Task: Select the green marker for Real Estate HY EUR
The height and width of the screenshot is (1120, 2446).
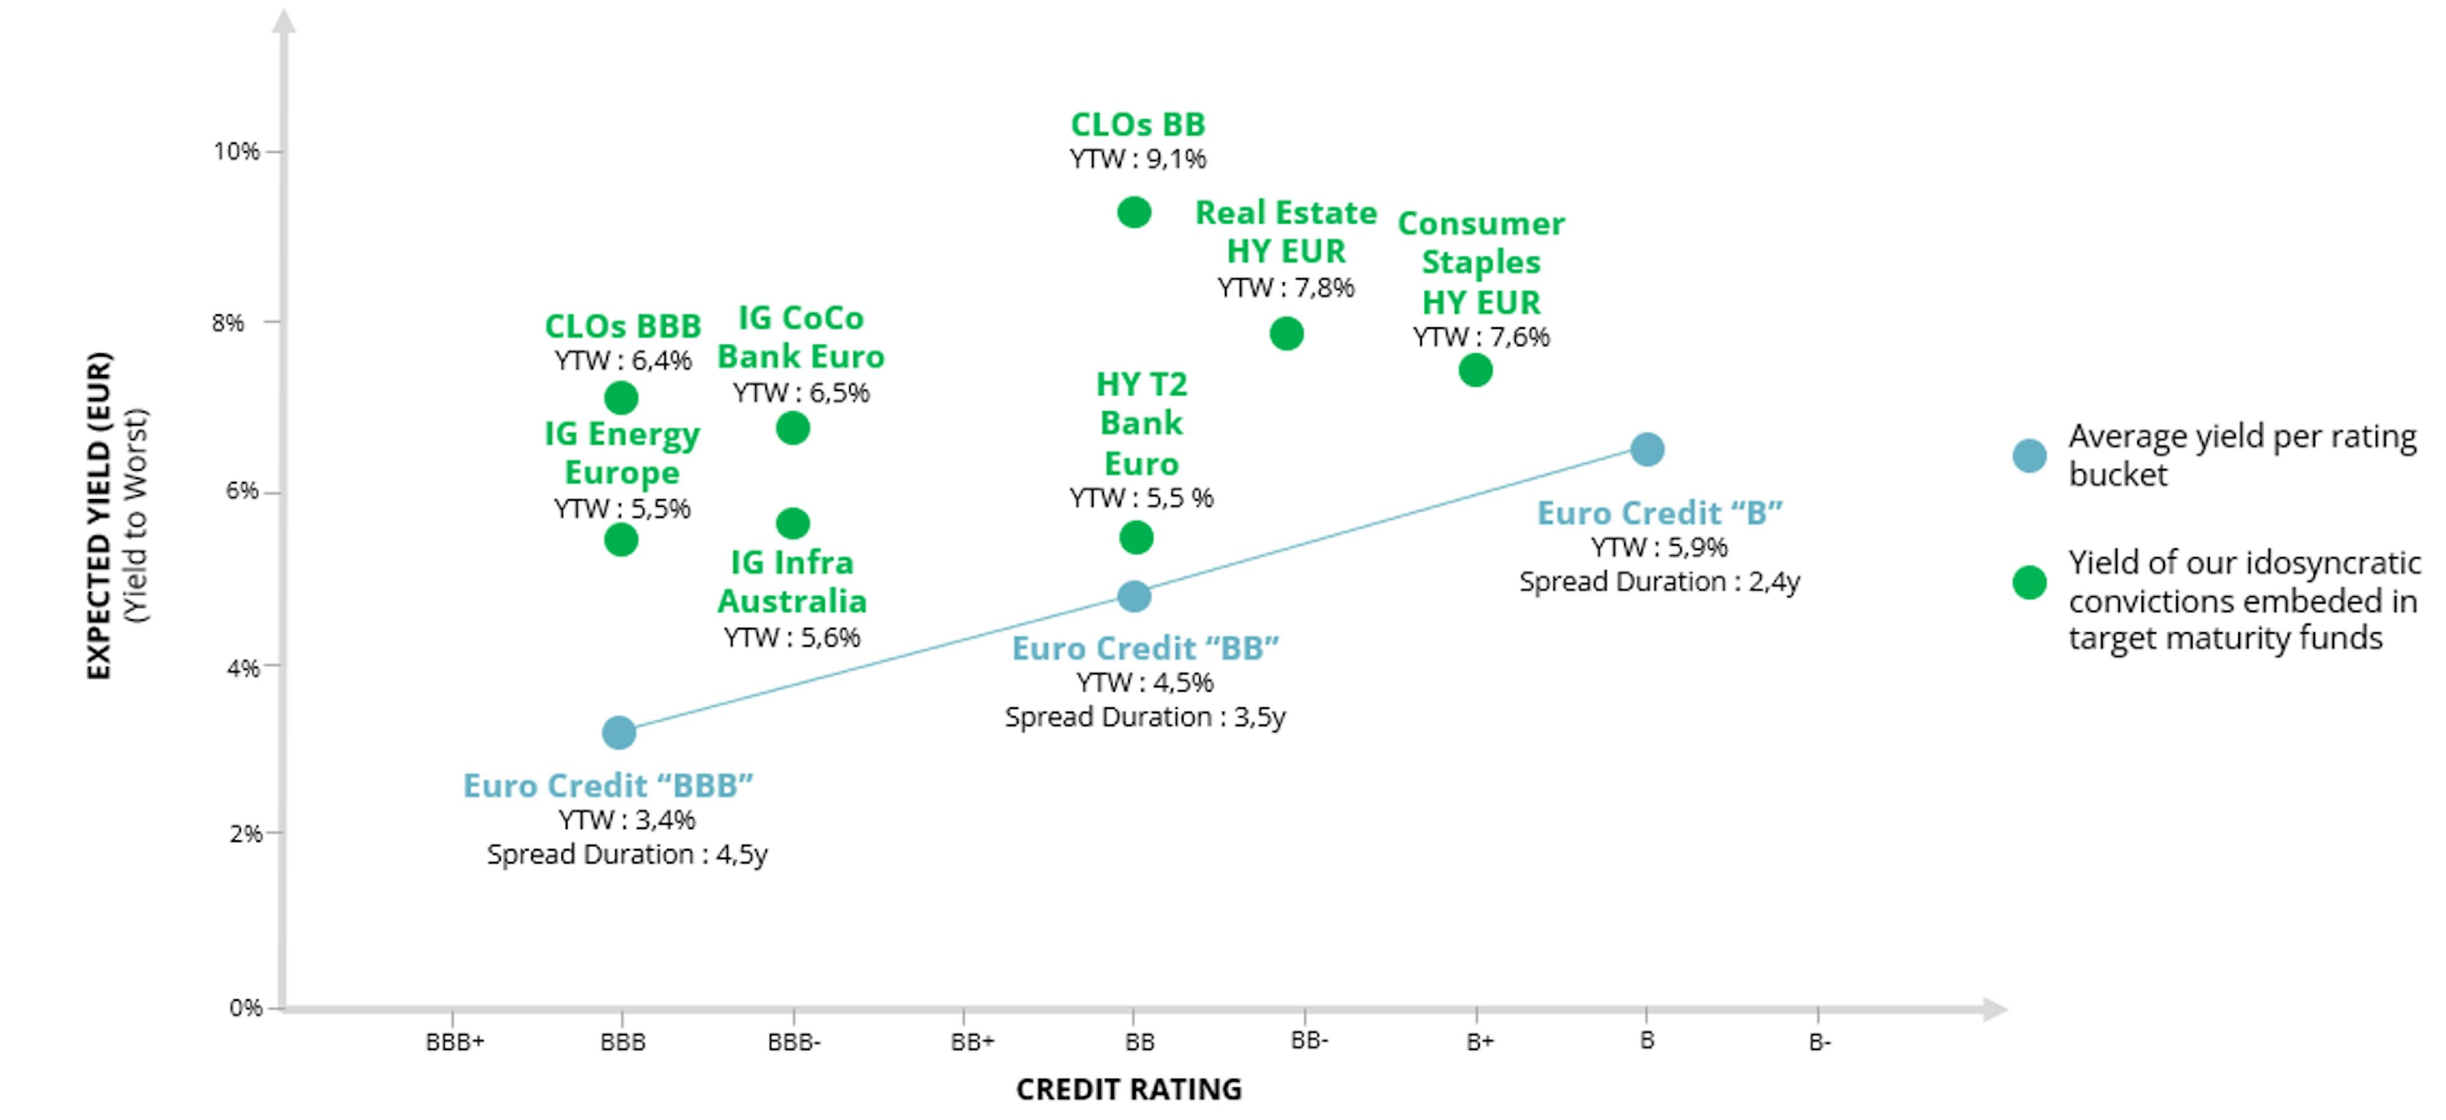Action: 1287,333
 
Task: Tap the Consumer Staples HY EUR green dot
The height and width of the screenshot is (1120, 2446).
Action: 1475,370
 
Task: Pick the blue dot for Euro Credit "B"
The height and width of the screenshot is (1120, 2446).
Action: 1647,449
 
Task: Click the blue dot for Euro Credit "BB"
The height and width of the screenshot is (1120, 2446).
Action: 1134,596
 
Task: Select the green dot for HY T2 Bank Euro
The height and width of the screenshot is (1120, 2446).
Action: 1136,537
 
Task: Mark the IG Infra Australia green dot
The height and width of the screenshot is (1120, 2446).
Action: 793,523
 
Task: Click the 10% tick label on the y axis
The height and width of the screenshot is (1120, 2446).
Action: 236,152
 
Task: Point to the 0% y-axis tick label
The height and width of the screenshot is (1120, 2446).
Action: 246,1008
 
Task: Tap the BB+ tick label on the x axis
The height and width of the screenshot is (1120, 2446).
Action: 972,1042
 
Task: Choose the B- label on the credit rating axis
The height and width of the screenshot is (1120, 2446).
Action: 1819,1042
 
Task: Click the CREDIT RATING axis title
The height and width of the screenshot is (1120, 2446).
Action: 1129,1089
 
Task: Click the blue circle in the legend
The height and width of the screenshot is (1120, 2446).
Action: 2029,456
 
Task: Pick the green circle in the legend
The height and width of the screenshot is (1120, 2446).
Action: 2029,582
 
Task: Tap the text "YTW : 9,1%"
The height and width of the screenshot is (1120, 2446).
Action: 1138,159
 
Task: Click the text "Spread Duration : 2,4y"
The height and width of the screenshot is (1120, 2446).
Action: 1659,582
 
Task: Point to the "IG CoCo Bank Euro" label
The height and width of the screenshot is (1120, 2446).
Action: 801,337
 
